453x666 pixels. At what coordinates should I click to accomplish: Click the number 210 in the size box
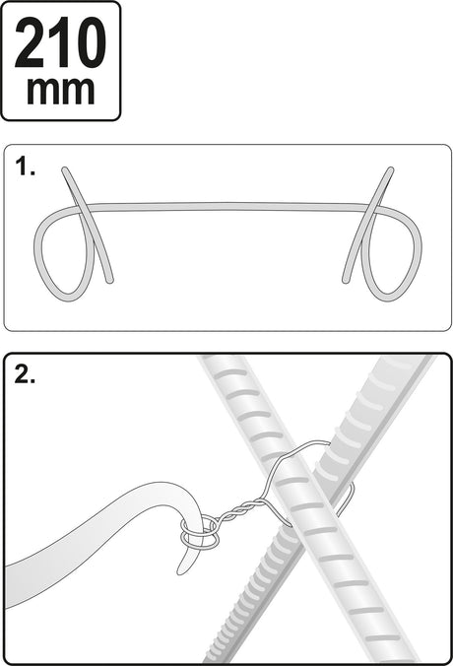pos(60,43)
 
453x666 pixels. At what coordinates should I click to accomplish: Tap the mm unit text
pos(61,91)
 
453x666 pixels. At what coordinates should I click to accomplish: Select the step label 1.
pos(25,166)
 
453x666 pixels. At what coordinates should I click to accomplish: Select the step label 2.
pos(25,374)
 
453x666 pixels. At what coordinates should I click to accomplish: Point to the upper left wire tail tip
pos(64,169)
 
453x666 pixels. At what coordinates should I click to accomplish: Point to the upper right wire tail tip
pos(391,169)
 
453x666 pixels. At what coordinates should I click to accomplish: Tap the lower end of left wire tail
pos(110,281)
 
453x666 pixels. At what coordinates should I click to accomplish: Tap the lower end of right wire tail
pos(345,281)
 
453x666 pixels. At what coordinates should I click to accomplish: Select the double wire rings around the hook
pos(200,533)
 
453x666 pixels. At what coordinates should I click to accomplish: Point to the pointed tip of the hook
pos(180,572)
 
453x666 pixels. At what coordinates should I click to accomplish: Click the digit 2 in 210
pos(29,43)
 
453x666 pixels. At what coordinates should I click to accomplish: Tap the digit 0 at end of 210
pos(90,43)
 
